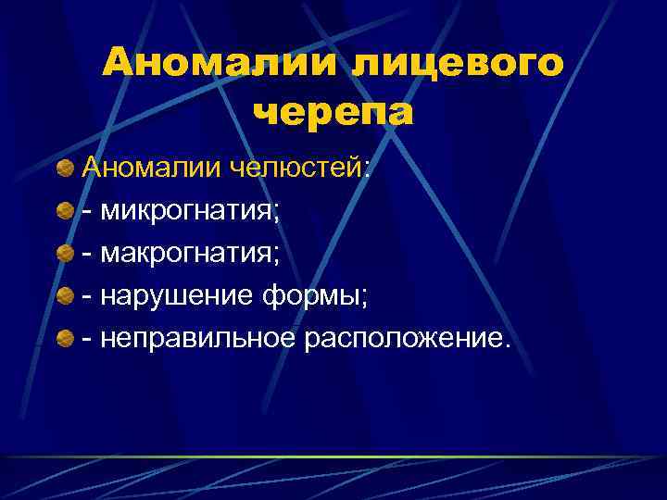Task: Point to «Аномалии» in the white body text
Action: click(146, 168)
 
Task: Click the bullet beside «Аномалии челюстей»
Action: click(65, 169)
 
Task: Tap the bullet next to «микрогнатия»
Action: click(65, 211)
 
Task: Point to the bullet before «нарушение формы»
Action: click(65, 296)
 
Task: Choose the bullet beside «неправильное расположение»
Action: click(65, 339)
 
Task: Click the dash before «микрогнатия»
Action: click(87, 212)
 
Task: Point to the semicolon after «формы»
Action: click(364, 299)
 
